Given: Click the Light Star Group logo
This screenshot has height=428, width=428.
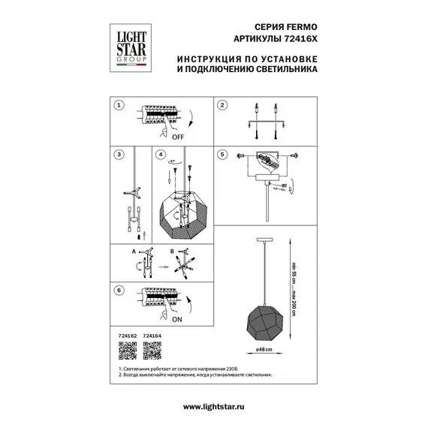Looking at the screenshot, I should [x=129, y=46].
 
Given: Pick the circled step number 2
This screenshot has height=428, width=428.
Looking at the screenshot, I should [x=222, y=106].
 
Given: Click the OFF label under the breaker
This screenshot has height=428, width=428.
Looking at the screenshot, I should [x=178, y=137].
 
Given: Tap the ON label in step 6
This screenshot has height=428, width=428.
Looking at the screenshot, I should [x=177, y=319].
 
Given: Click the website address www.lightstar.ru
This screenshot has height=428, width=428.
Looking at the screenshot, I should [x=213, y=406].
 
